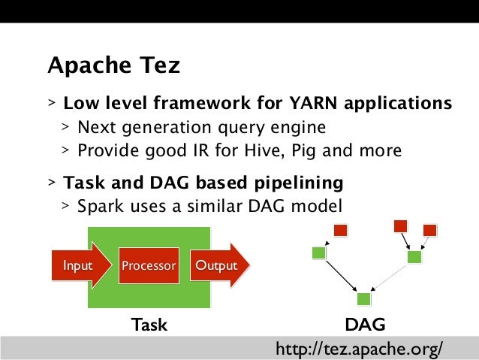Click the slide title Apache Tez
pyautogui.click(x=113, y=66)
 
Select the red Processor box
pyautogui.click(x=149, y=266)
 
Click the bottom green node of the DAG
pyautogui.click(x=364, y=299)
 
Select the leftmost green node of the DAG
pyautogui.click(x=318, y=253)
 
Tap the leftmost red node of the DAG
pyautogui.click(x=340, y=229)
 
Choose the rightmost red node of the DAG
pyautogui.click(x=429, y=230)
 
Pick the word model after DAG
pyautogui.click(x=321, y=205)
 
